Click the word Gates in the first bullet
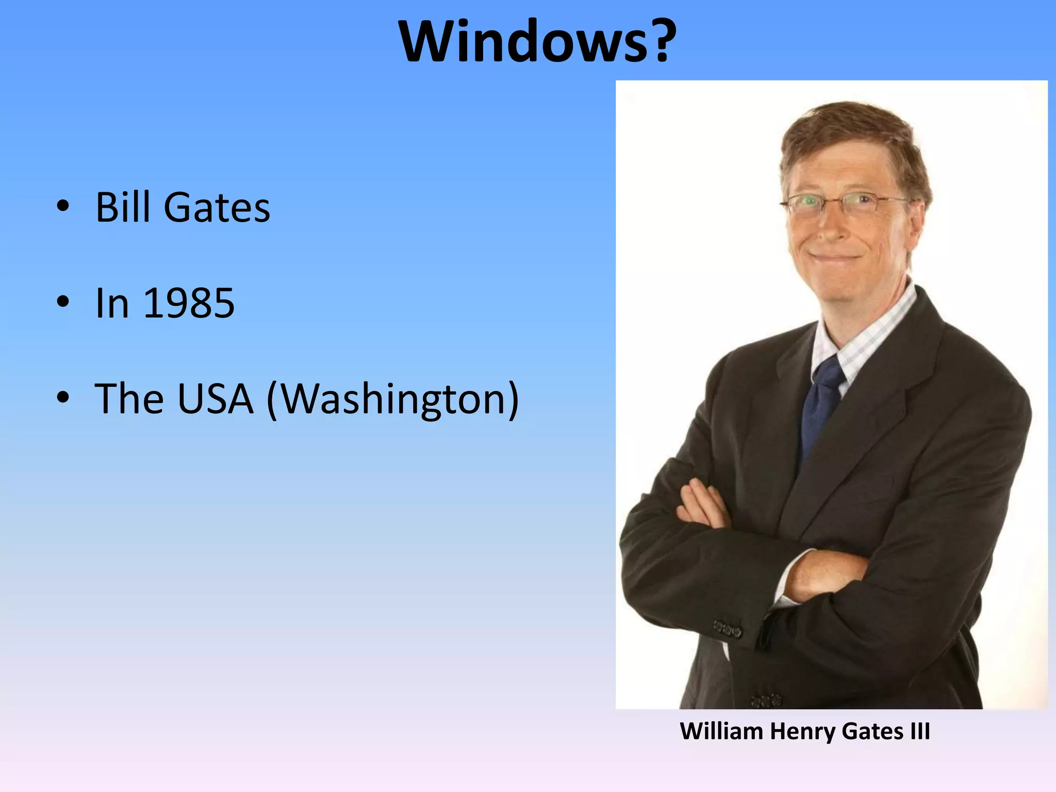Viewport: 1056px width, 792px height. click(x=217, y=207)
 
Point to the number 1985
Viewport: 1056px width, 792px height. click(x=189, y=303)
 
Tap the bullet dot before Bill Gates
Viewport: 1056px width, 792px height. click(x=63, y=206)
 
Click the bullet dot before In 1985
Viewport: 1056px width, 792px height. click(x=63, y=302)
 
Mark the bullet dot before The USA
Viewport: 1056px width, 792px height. click(x=63, y=398)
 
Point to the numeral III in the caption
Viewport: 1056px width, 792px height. click(x=920, y=731)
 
